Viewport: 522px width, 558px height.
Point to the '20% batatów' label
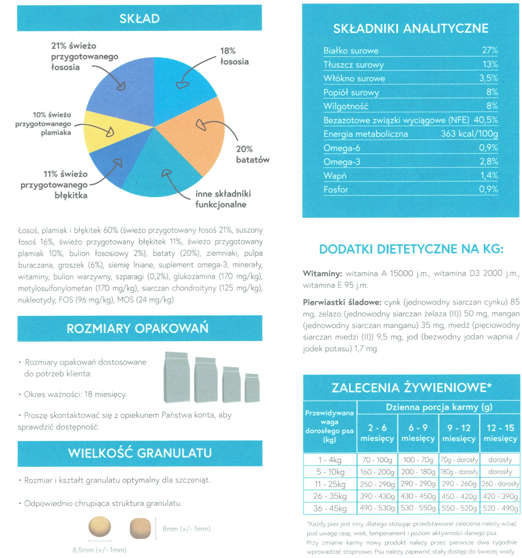[252, 154]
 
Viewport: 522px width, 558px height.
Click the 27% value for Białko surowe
[490, 50]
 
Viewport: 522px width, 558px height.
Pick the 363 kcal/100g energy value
[469, 134]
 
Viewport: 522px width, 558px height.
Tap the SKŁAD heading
[140, 19]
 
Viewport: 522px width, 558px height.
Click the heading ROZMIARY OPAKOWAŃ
[138, 328]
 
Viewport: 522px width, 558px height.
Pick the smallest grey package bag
[252, 388]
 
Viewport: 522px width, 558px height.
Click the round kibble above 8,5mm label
[100, 526]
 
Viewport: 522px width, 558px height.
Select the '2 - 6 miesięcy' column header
[377, 433]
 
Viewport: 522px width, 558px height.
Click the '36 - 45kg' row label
[330, 508]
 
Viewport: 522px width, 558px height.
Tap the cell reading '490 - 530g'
[377, 508]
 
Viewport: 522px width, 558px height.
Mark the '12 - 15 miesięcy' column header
[500, 433]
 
